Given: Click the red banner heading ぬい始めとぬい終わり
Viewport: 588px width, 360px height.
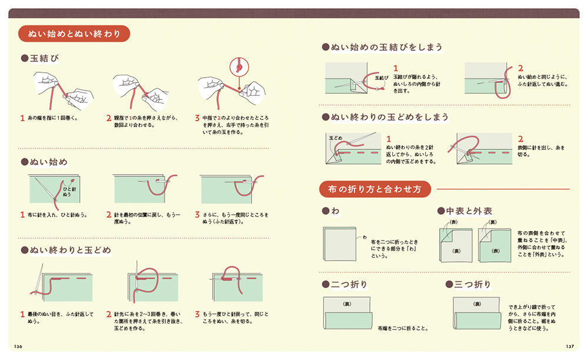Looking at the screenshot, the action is (x=74, y=34).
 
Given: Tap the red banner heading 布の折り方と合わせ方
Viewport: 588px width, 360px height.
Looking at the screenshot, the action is (x=375, y=189).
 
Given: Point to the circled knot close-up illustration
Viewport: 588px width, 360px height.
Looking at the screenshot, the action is (x=239, y=68).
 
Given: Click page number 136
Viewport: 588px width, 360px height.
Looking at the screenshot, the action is (x=18, y=346).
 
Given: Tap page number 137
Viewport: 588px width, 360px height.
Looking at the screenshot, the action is (x=570, y=346).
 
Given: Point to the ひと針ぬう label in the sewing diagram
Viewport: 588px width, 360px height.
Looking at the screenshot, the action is (x=69, y=192).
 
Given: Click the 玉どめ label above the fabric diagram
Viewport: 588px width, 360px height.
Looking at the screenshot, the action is (x=336, y=138).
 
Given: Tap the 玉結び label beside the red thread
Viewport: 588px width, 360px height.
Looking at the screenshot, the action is (x=382, y=78).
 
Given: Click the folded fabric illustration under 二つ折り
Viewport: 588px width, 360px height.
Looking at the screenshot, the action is (x=348, y=313).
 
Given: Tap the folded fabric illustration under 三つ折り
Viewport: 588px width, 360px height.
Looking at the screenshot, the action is (x=477, y=313).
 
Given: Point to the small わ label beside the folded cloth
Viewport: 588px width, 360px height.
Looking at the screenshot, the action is (x=365, y=238).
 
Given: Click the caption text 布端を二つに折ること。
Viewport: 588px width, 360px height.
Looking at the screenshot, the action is (x=403, y=328).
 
